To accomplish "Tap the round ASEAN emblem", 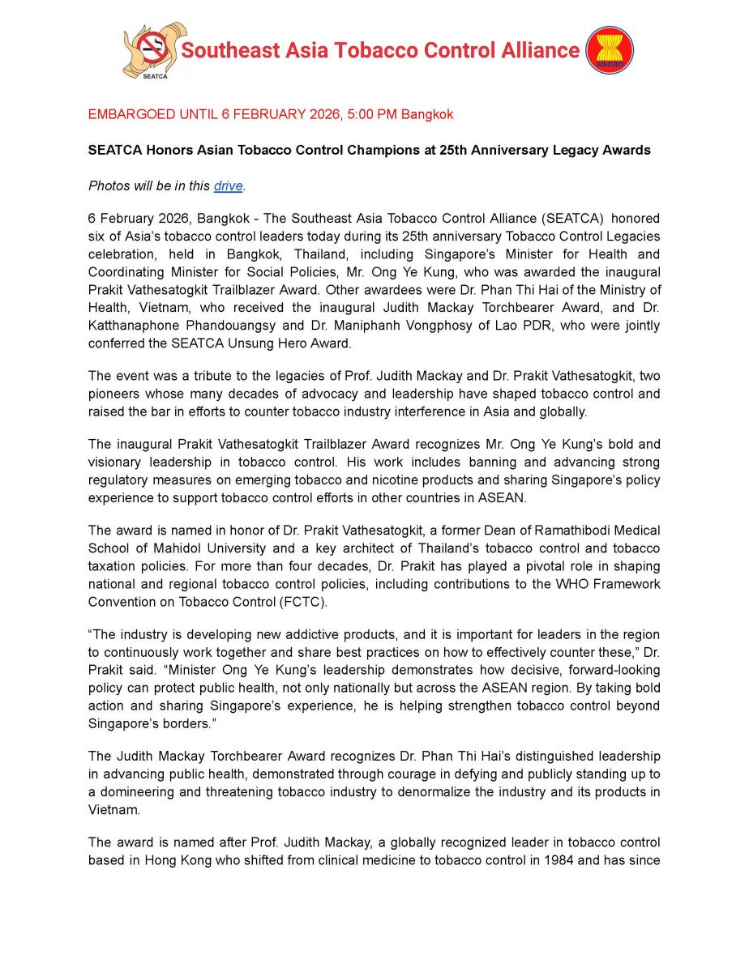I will pos(609,50).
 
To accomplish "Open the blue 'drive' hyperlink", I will pos(228,186).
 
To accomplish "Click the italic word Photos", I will pos(108,186).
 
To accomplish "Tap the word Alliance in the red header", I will pos(538,50).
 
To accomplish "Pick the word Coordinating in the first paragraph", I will pos(128,272).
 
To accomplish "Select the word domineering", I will pos(135,791).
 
